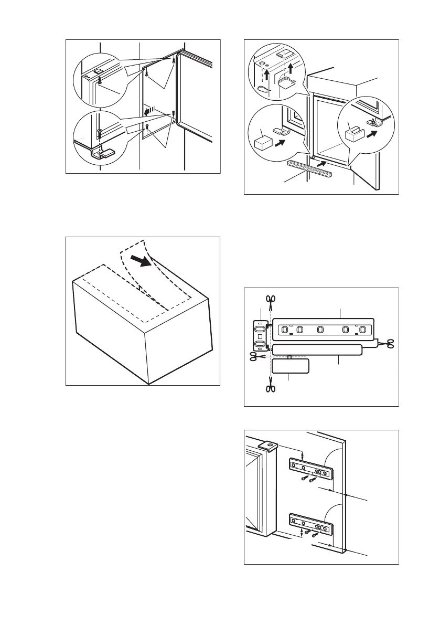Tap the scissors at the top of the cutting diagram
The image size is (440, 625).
tap(270, 300)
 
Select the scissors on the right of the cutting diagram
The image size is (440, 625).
tap(389, 343)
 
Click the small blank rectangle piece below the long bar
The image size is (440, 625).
tap(291, 365)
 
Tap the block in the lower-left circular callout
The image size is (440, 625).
tap(262, 143)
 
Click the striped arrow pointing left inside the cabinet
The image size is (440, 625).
tap(151, 110)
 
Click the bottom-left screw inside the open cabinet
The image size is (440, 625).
tap(148, 127)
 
